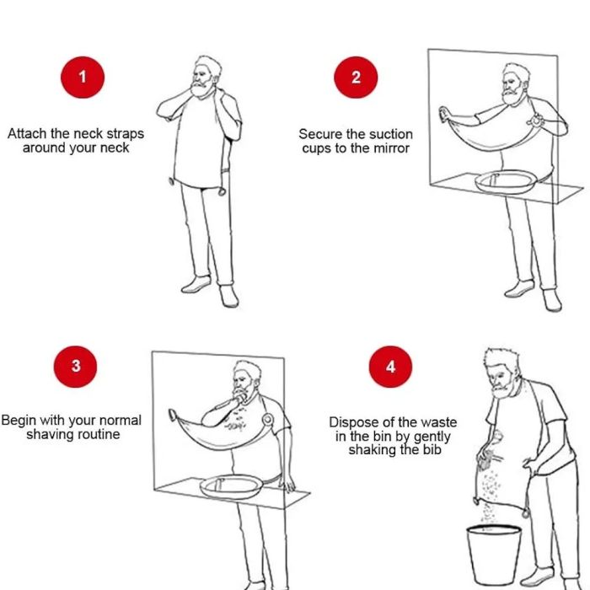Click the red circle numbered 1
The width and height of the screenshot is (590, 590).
coord(83,78)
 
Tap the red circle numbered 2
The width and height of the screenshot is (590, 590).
coord(356,78)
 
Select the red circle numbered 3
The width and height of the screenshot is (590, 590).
coord(75,366)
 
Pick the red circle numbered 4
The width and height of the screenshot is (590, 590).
coord(390,366)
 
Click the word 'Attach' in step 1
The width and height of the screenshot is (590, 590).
coord(26,133)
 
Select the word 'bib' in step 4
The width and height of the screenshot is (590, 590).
coord(432,449)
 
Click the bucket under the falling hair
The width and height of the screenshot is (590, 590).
coord(494,554)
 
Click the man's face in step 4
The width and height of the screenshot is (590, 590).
coord(500,380)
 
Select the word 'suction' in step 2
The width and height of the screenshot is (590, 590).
coord(392,134)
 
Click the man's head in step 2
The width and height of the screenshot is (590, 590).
coord(515,84)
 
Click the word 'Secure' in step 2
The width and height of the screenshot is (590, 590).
coord(319,134)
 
